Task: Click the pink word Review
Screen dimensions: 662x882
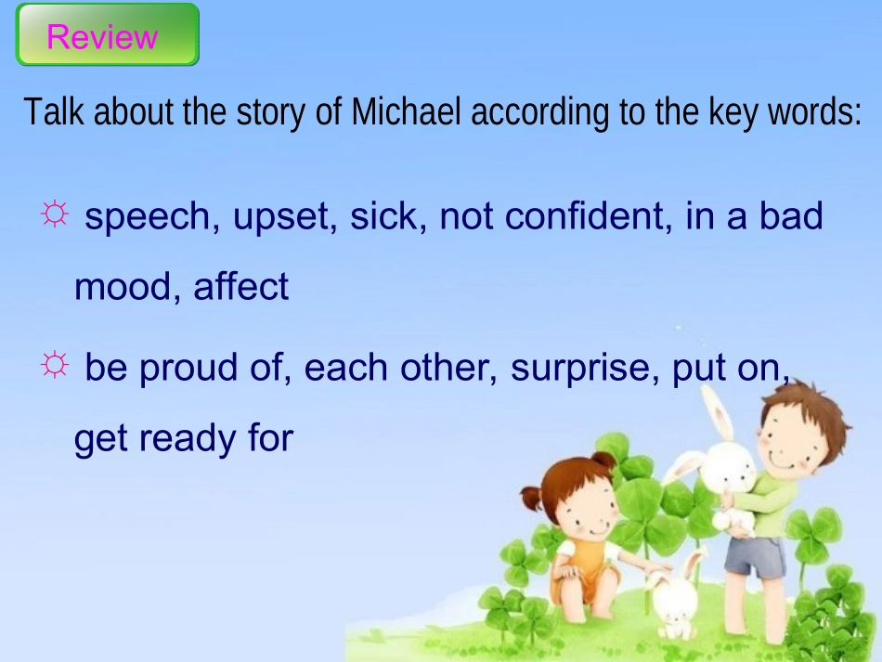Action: (102, 37)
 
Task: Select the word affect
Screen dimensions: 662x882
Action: (241, 287)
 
